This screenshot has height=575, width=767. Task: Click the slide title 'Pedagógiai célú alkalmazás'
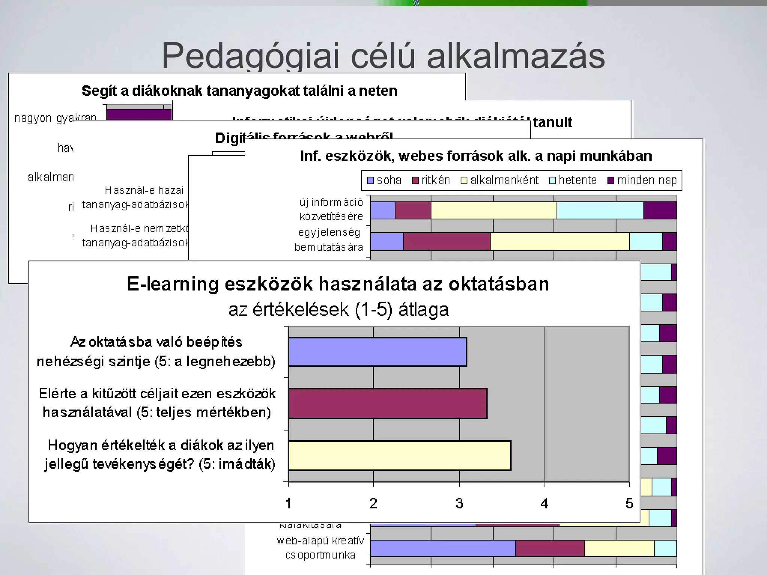point(383,56)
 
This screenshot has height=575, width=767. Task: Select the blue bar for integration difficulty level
point(378,352)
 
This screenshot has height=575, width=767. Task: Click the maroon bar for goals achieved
point(388,404)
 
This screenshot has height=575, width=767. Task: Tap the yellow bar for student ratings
point(400,456)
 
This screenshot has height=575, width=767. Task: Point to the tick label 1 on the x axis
point(288,503)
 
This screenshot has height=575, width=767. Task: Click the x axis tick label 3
point(459,503)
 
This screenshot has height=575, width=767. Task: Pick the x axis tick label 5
point(629,503)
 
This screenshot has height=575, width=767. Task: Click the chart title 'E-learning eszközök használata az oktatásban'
point(338,284)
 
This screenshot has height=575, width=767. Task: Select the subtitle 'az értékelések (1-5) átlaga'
point(338,310)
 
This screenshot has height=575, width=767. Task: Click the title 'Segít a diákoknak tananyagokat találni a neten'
point(239,91)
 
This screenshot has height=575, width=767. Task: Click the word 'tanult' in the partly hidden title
point(552,122)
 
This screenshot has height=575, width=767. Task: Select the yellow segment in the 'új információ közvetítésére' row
point(494,210)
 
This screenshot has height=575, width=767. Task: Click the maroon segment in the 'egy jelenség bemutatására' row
point(446,241)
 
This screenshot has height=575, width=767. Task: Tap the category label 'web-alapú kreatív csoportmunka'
point(320,548)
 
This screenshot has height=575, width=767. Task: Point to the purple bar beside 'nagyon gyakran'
point(139,115)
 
